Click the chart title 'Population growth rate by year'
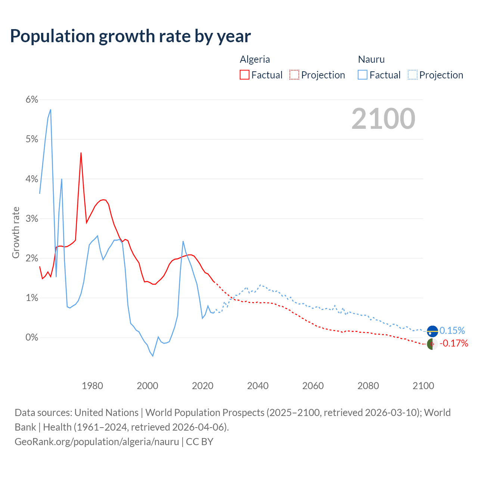click(130, 36)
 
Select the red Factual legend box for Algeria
click(245, 75)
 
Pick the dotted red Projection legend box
click(294, 75)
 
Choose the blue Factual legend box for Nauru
click(363, 75)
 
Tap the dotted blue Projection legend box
click(413, 75)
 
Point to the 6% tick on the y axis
click(32, 99)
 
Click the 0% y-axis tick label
click(32, 337)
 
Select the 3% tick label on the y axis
click(32, 218)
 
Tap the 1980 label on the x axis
click(92, 386)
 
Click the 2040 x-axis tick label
click(258, 386)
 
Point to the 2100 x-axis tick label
click(423, 386)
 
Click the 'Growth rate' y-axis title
click(16, 232)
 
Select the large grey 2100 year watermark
click(383, 119)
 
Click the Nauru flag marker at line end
click(432, 331)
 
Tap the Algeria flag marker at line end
click(432, 344)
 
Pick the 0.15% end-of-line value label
click(452, 330)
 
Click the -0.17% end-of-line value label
click(454, 343)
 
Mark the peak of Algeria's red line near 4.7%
click(81, 153)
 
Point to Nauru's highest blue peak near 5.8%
click(50, 110)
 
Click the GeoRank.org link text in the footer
click(97, 442)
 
